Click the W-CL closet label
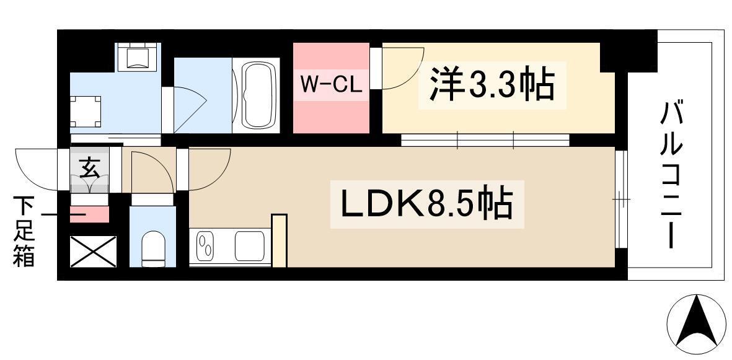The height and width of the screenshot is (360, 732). click(332, 85)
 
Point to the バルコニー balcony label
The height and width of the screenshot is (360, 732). click(672, 175)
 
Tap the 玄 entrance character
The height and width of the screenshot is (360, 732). click(90, 167)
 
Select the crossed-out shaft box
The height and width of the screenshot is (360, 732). click(93, 251)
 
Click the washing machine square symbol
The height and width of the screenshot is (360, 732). click(84, 112)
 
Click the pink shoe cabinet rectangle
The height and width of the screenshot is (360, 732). click(90, 214)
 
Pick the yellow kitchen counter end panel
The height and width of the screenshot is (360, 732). click(280, 240)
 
